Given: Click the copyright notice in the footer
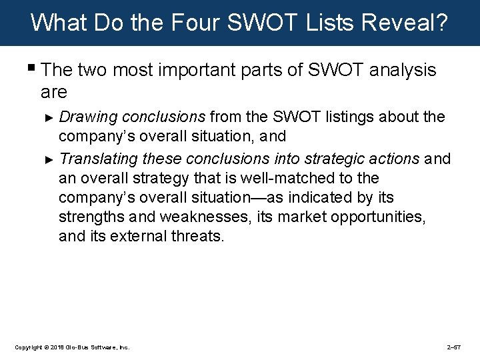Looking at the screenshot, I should pyautogui.click(x=72, y=347).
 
